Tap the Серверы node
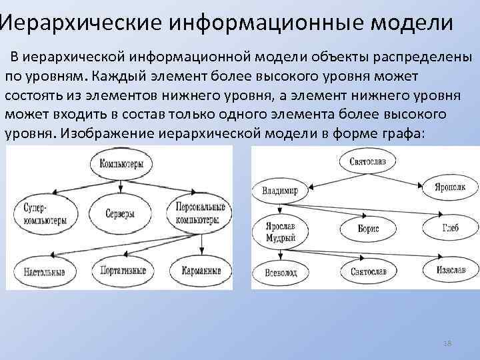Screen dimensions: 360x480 [x=120, y=214]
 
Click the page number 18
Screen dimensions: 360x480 [x=447, y=343]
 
